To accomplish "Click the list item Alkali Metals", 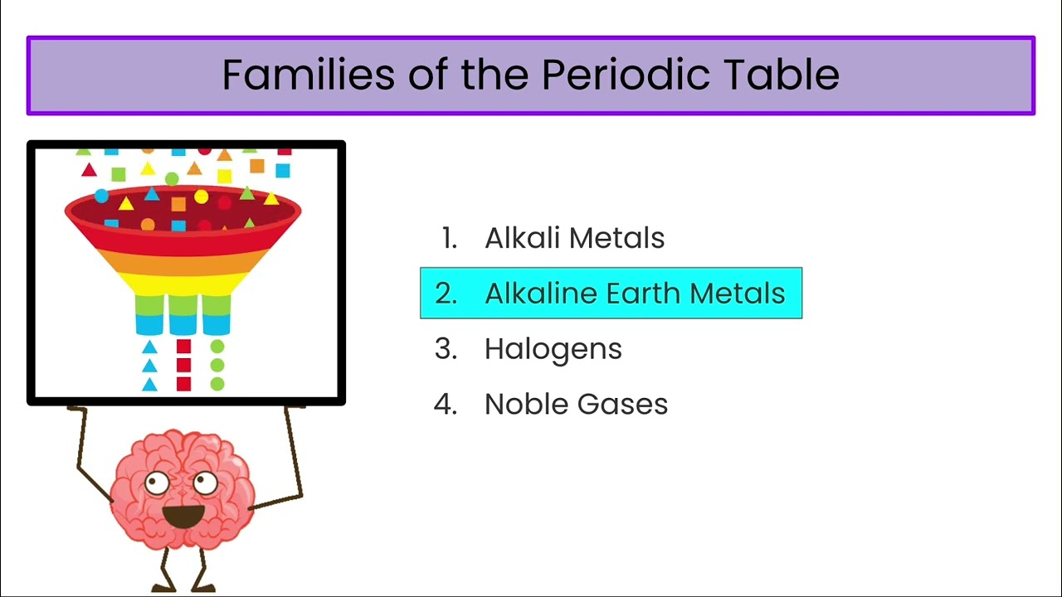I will [574, 239].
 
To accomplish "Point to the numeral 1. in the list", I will [449, 239].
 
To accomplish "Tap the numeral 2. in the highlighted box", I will [446, 294].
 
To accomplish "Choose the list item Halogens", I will [553, 349].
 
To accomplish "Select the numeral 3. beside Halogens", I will [446, 349].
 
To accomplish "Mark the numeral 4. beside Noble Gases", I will [446, 405].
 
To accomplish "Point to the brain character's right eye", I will [204, 481].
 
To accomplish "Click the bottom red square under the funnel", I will [183, 384].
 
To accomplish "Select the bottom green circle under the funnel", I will [217, 384].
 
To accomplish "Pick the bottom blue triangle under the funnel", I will [149, 384].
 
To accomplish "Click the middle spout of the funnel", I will [183, 315].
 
